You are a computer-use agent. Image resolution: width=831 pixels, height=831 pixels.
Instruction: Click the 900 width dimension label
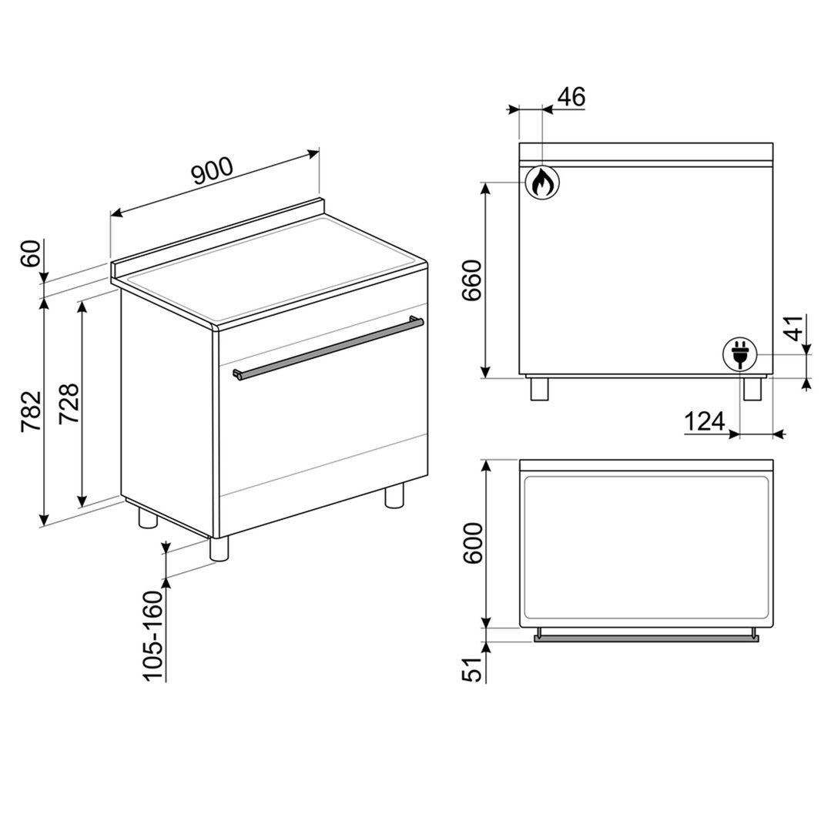[x=213, y=171]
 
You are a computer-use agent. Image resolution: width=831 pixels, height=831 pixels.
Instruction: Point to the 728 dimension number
[x=69, y=403]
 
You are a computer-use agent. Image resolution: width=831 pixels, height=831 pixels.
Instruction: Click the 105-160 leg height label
[x=153, y=635]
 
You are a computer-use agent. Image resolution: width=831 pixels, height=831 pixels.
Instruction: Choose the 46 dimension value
[x=571, y=97]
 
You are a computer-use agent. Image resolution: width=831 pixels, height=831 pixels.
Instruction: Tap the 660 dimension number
[x=471, y=280]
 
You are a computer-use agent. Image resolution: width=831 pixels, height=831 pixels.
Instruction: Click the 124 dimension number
[x=705, y=421]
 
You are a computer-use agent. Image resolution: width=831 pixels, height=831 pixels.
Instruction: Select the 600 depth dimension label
[x=472, y=543]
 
